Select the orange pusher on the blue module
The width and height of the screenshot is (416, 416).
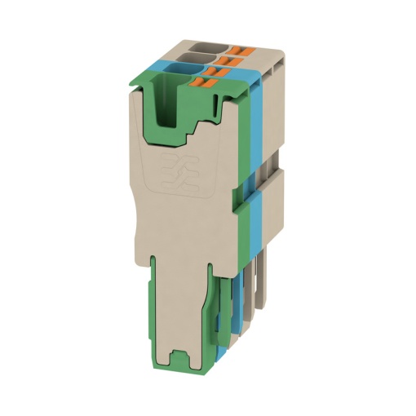click(x=214, y=71)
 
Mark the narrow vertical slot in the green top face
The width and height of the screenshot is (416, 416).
click(x=221, y=106)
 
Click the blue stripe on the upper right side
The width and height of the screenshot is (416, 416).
click(x=256, y=122)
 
